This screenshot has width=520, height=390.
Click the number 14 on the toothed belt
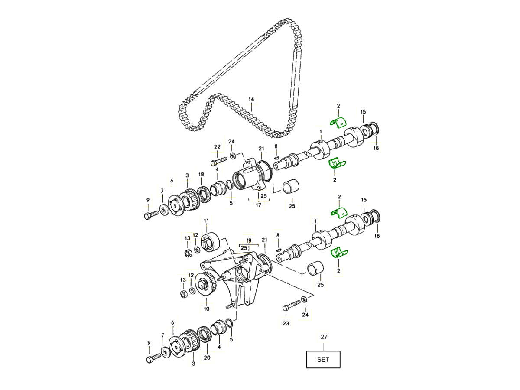pyautogui.click(x=251, y=99)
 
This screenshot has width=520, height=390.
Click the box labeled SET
pyautogui.click(x=323, y=360)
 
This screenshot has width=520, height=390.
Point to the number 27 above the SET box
pyautogui.click(x=324, y=337)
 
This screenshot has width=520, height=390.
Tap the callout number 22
pyautogui.click(x=217, y=147)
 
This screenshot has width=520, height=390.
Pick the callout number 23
pyautogui.click(x=286, y=323)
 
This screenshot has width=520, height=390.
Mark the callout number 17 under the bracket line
pyautogui.click(x=258, y=205)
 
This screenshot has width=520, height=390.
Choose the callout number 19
pyautogui.click(x=249, y=240)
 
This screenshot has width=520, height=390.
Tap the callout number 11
pyautogui.click(x=206, y=221)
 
